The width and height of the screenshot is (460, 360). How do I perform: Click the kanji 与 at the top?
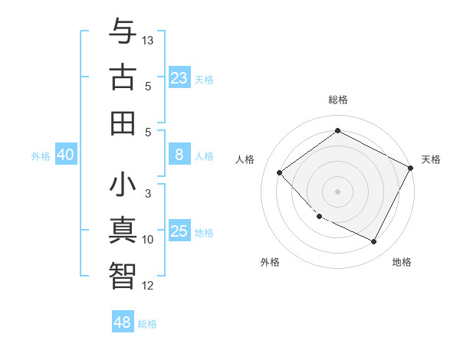point(123,33)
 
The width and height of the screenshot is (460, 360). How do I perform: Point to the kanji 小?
point(123,186)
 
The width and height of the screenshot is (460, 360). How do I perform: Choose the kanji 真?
point(123,231)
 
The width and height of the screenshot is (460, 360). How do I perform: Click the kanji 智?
point(123,274)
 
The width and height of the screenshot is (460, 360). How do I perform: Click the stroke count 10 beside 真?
point(148,240)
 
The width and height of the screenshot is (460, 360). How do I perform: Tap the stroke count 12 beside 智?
point(148,286)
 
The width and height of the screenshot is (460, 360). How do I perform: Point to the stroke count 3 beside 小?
point(148,194)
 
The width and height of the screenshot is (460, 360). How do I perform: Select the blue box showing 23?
point(179,77)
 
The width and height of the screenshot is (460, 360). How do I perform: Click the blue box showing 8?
point(179,155)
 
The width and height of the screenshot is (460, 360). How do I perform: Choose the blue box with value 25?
point(179,231)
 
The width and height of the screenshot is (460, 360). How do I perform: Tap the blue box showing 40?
point(65,155)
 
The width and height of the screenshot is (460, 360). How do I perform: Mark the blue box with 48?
point(123,322)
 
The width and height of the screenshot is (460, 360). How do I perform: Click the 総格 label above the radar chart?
point(337,100)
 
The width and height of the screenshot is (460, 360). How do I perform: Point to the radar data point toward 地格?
point(374,242)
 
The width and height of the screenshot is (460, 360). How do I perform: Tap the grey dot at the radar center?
point(337,191)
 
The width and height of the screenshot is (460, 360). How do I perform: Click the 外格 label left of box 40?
point(41,156)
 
